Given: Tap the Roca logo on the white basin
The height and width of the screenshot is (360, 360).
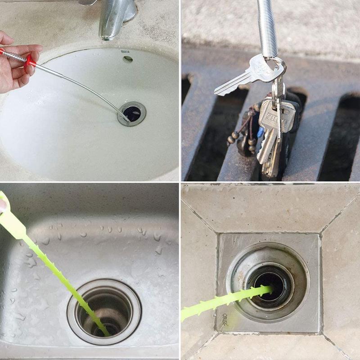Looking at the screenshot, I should pos(125,52).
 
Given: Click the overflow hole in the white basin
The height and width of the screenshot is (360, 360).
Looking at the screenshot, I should pos(128,59).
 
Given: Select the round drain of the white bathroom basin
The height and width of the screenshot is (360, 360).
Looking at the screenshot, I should pos(132,114).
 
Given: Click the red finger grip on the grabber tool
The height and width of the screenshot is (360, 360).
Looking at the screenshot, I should pos(30,60).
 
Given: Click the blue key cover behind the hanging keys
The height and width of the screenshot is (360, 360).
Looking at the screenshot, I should pos(261,133).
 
